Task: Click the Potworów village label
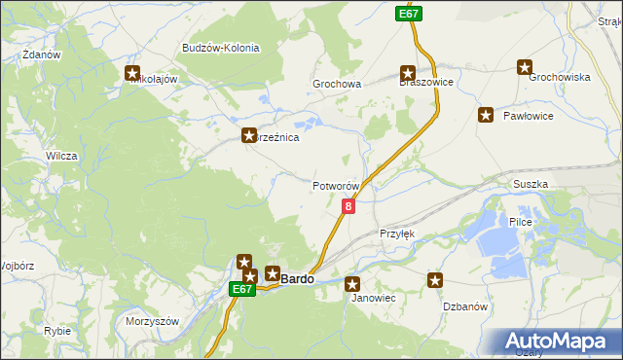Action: click(x=337, y=186)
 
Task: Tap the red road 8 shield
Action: click(x=348, y=206)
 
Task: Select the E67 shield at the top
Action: click(x=409, y=14)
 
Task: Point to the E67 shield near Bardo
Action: click(x=243, y=289)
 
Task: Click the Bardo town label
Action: click(x=297, y=279)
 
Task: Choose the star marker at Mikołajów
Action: click(x=133, y=71)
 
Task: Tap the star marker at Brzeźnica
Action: click(x=249, y=137)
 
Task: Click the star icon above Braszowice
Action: click(x=408, y=71)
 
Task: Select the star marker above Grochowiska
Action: click(x=525, y=68)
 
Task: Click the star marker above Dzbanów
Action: click(x=435, y=281)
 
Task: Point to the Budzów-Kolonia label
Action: click(x=218, y=48)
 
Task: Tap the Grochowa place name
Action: click(x=337, y=85)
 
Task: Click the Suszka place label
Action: click(x=531, y=184)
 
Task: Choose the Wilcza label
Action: click(x=61, y=156)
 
